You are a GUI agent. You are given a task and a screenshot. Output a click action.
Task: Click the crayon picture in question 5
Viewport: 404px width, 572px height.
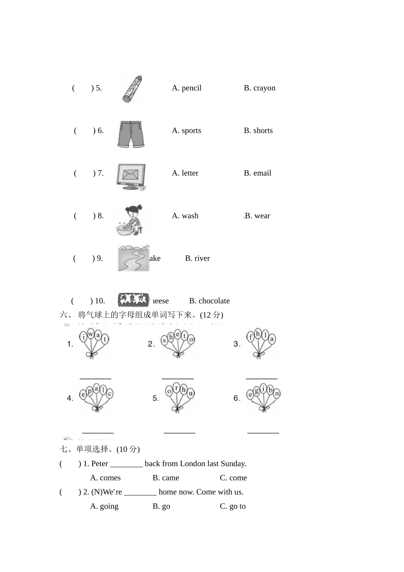coord(133,89)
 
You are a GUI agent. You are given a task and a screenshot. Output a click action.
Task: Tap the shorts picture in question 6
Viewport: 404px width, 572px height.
coord(131,134)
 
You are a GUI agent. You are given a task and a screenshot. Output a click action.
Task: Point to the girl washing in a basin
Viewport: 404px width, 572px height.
coord(131,220)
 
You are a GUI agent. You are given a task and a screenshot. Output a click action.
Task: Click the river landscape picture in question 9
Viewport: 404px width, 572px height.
coord(134,258)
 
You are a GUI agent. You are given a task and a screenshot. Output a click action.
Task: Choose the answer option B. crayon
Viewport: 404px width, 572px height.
coord(259,88)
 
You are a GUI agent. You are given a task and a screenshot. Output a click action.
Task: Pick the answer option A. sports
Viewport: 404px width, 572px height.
coord(186,131)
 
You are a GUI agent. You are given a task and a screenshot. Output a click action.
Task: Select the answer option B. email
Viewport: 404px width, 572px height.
coord(257,173)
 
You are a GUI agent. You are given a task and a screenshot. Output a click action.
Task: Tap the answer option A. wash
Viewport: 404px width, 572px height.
coord(185,216)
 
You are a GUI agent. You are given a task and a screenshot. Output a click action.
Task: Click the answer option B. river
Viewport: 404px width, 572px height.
coord(197,258)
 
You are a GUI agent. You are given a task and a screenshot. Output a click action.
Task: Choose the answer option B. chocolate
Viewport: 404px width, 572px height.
coord(209,301)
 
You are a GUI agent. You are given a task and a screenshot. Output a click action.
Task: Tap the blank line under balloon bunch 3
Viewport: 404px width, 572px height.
coord(262,378)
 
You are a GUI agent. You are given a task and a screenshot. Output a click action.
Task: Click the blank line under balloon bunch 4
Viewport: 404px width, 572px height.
coord(98,432)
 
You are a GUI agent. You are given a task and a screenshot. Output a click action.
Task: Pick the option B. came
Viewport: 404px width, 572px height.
coord(166,478)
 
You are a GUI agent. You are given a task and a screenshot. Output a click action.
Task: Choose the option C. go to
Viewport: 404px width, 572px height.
coord(233,506)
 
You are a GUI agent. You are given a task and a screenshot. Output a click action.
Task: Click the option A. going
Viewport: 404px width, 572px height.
coord(104,506)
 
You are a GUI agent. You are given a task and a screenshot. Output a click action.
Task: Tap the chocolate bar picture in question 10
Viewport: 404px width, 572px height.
coord(134,300)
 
